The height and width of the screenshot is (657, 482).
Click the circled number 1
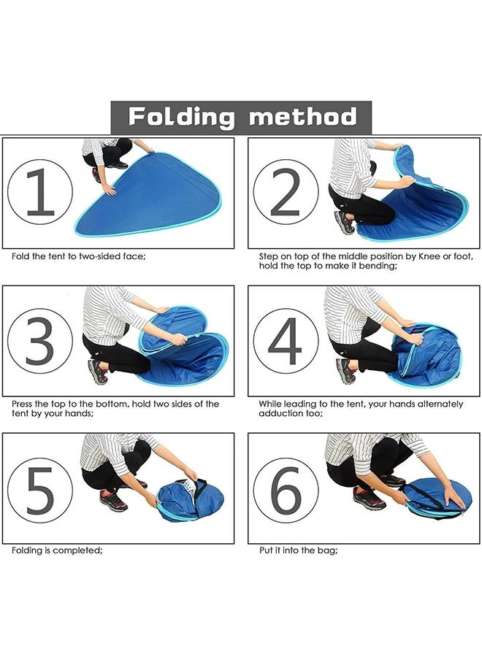(x=40, y=192)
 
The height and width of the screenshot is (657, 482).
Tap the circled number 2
(x=286, y=192)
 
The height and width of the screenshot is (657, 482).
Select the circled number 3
(x=40, y=341)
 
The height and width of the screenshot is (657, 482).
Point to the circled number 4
(x=286, y=341)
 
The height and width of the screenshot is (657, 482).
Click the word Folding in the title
(x=182, y=117)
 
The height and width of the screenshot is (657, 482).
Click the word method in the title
(x=302, y=117)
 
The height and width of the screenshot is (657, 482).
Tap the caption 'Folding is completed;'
(x=57, y=550)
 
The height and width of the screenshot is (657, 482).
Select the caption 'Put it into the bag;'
(x=298, y=550)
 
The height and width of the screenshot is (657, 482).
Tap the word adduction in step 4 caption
(x=284, y=413)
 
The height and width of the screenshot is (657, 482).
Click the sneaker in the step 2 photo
(x=344, y=221)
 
